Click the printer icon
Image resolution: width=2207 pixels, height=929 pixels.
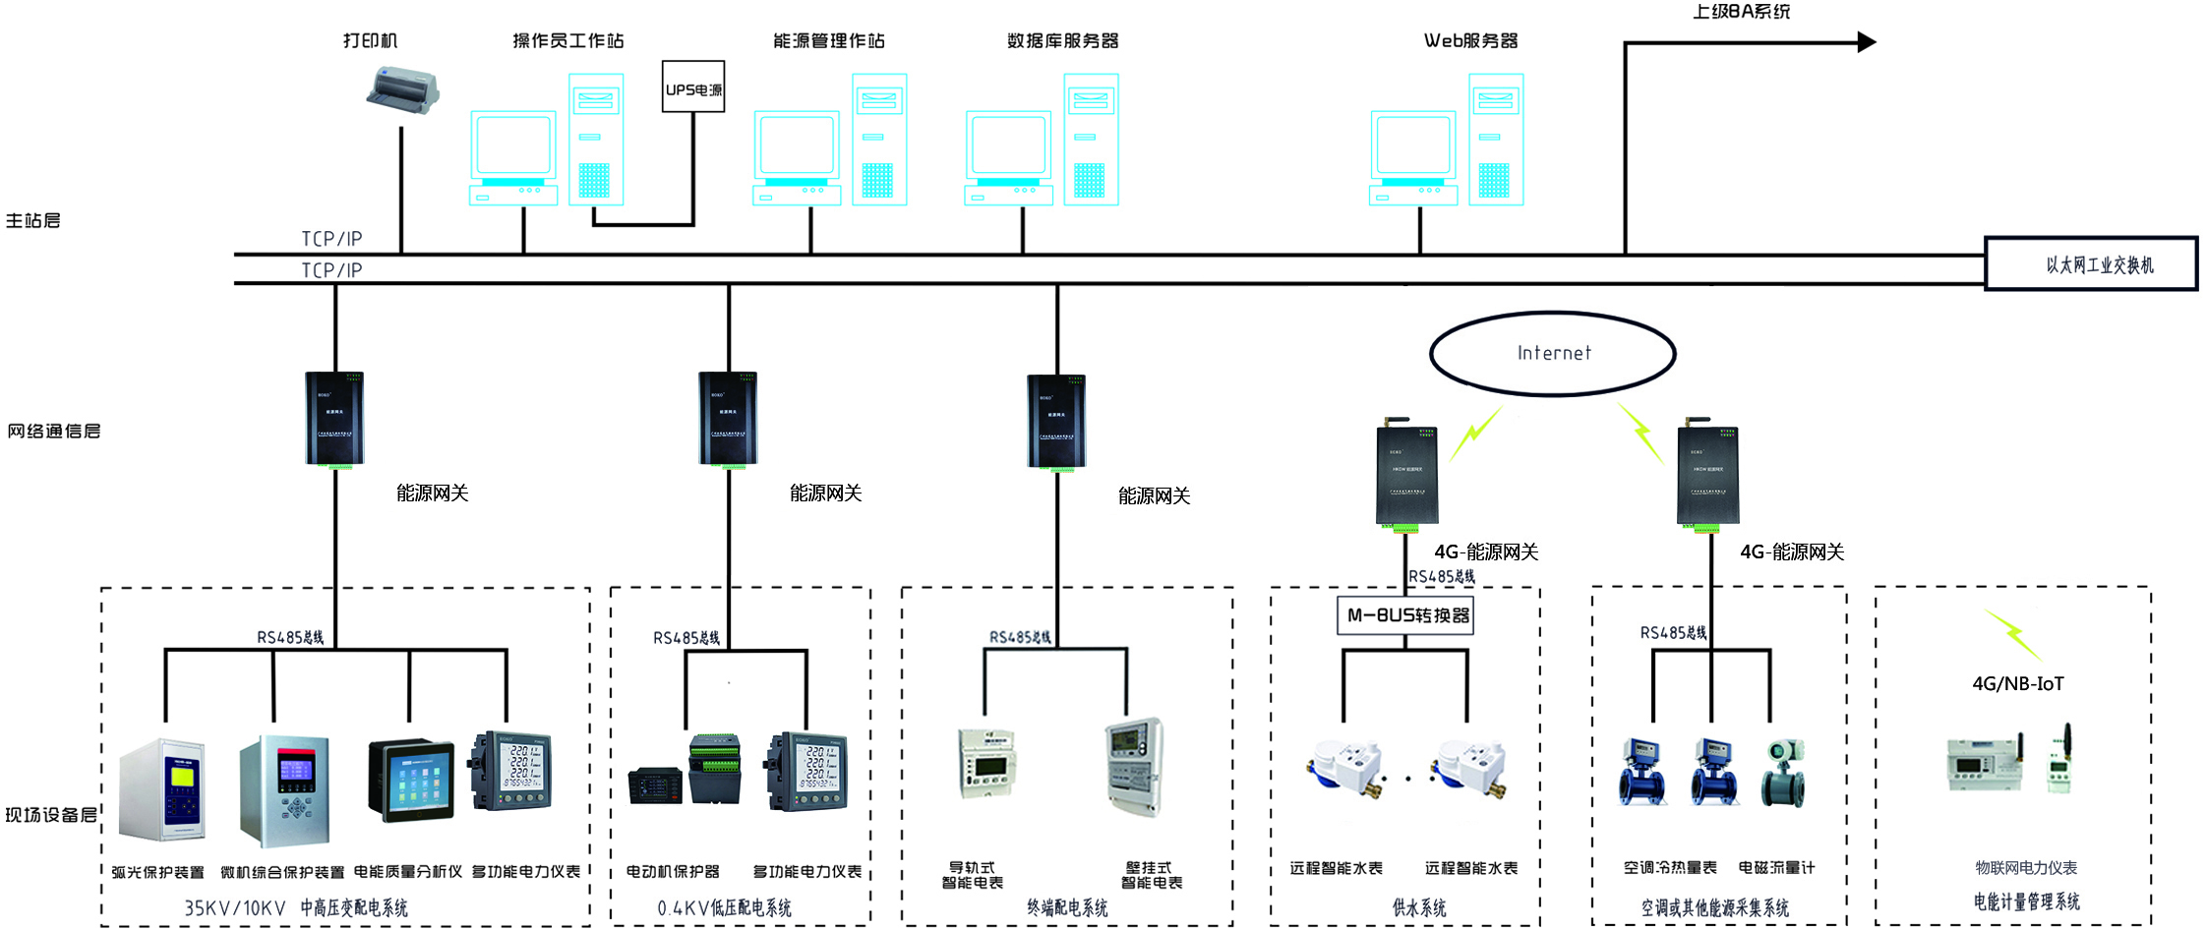[x=403, y=91]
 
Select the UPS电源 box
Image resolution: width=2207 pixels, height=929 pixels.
[x=693, y=87]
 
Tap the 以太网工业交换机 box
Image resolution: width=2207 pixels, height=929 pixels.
[x=2091, y=263]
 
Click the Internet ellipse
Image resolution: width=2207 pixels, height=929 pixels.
[x=1552, y=353]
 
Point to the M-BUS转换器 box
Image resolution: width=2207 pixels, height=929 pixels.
[x=1405, y=615]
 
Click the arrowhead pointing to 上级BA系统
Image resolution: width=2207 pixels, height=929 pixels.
[x=1866, y=42]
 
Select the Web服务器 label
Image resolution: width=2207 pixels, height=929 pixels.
[x=1470, y=41]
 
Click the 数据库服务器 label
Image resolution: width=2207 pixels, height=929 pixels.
[x=1062, y=41]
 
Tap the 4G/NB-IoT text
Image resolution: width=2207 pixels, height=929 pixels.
[x=2017, y=684]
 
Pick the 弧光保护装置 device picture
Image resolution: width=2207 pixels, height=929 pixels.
[x=162, y=789]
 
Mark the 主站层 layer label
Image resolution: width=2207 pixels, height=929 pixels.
[x=33, y=221]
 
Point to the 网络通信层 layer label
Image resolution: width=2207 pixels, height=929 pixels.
[x=54, y=432]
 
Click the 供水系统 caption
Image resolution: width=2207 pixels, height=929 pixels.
[x=1418, y=908]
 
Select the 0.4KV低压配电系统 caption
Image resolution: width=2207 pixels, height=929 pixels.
[x=724, y=908]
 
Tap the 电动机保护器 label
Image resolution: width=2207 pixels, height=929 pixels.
[x=673, y=872]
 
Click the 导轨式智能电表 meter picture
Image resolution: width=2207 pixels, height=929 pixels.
[x=984, y=762]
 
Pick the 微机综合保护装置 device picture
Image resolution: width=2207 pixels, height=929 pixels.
[x=284, y=789]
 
